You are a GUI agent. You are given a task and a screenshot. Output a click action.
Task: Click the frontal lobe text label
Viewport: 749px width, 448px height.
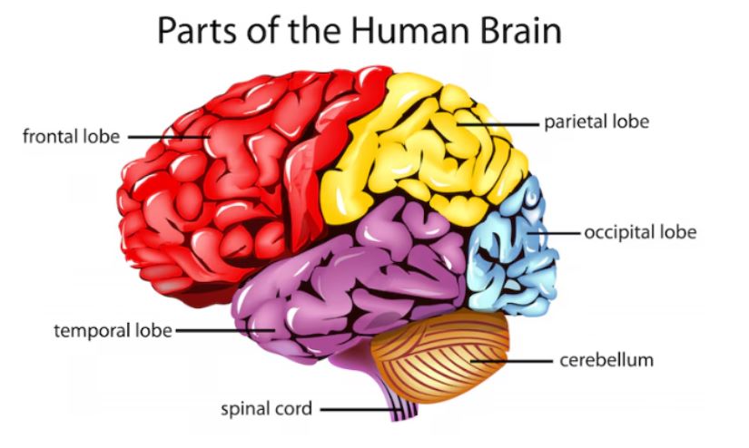pyautogui.click(x=71, y=137)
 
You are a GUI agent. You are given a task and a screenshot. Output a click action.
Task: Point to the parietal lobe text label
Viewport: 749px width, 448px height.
pyautogui.click(x=596, y=121)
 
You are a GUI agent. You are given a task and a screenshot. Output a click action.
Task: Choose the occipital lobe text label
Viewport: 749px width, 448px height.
pyautogui.click(x=640, y=232)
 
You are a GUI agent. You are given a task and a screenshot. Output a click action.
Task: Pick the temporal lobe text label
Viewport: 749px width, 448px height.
pyautogui.click(x=113, y=330)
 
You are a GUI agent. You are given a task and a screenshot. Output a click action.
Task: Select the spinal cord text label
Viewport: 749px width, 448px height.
pyautogui.click(x=267, y=408)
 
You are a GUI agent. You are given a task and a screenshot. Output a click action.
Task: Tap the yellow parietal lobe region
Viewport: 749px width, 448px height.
pyautogui.click(x=418, y=154)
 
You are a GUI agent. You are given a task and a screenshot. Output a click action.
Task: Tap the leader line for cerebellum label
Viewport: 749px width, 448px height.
pyautogui.click(x=513, y=361)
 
